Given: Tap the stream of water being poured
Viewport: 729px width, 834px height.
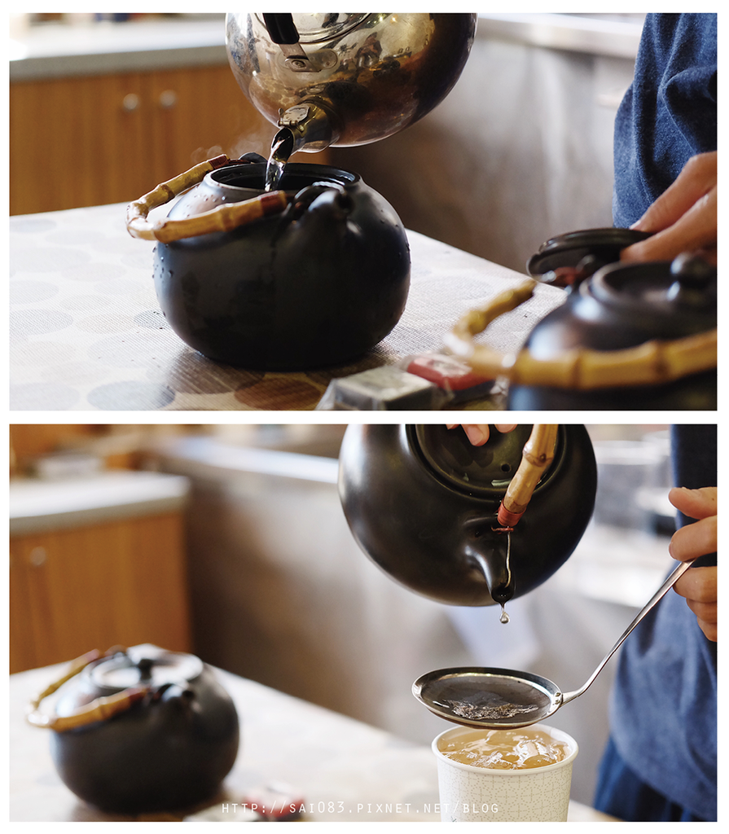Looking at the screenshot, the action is (x=277, y=160).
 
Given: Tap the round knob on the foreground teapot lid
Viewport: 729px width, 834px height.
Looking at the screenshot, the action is (x=692, y=269).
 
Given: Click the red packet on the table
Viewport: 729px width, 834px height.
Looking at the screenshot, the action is (x=437, y=368).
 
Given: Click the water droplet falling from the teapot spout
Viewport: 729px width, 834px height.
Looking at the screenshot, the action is (x=504, y=617).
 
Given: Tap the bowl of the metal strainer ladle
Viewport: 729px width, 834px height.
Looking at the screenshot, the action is (x=487, y=698).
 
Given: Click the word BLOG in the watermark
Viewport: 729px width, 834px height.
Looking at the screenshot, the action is (x=481, y=809).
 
